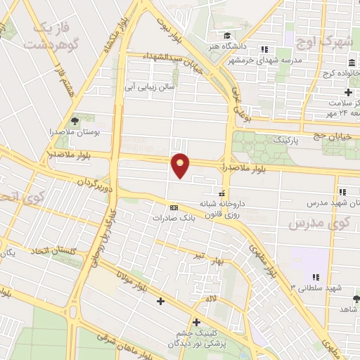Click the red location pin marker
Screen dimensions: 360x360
click(x=181, y=165)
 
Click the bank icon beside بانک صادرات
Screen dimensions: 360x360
click(x=174, y=207)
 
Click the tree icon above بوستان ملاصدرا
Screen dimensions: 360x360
click(x=75, y=122)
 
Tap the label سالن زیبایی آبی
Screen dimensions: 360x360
click(x=148, y=88)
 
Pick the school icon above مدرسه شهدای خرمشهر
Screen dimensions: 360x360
click(x=264, y=49)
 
